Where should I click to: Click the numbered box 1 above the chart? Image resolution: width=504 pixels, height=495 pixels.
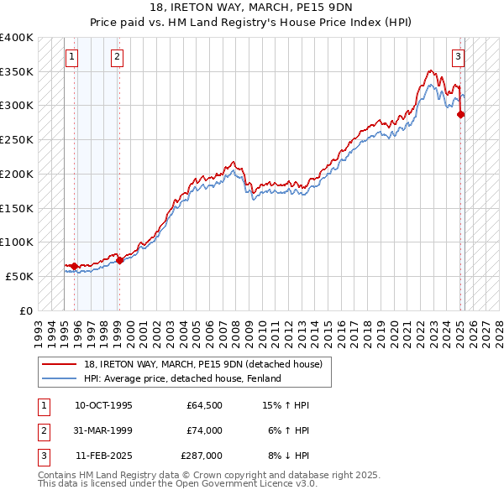point(71,57)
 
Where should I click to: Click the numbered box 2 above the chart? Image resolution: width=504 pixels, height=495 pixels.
point(117,57)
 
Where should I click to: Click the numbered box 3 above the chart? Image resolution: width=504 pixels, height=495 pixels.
point(459,57)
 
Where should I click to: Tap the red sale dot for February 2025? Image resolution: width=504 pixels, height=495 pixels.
point(460,114)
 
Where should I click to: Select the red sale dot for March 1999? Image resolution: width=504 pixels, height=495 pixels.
point(119,260)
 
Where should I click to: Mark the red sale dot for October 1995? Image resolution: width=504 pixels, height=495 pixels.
point(74,267)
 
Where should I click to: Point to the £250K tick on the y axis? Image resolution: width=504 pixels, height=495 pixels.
point(18,140)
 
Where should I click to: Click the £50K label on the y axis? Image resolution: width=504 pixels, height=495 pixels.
point(21,276)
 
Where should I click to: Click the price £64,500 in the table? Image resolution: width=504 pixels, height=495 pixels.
point(204,405)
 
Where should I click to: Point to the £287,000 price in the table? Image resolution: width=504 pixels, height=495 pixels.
point(202,456)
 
